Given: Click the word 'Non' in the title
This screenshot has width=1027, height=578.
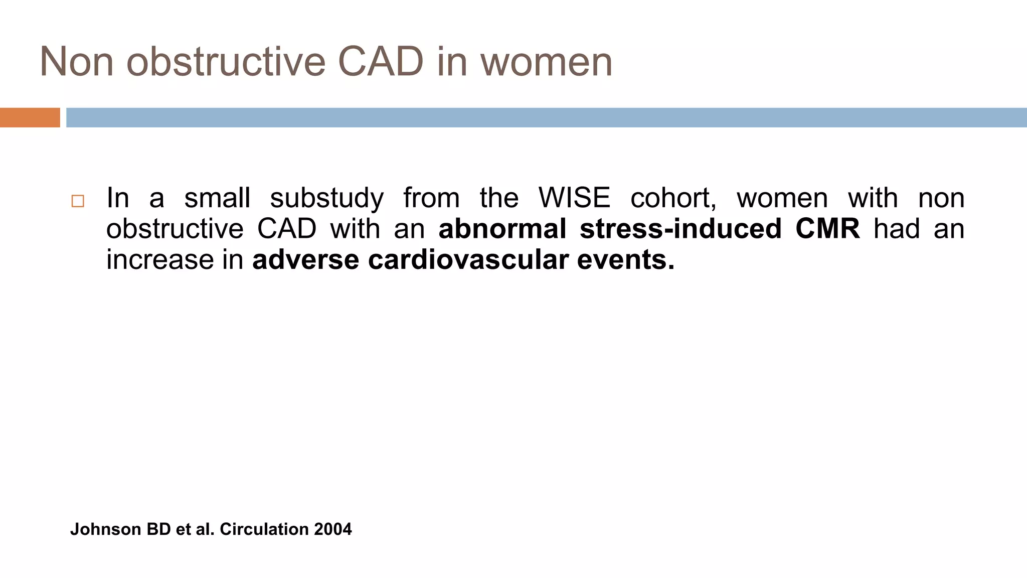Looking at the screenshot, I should pyautogui.click(x=76, y=62).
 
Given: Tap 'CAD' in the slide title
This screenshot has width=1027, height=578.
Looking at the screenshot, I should pyautogui.click(x=381, y=62).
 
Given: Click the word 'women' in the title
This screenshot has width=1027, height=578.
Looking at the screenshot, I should pyautogui.click(x=546, y=62).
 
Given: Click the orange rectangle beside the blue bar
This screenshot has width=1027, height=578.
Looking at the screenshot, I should pyautogui.click(x=30, y=117).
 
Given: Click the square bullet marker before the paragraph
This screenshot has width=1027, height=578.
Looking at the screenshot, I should pyautogui.click(x=78, y=201).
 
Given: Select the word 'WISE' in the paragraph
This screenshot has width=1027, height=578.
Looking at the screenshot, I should pyautogui.click(x=574, y=198).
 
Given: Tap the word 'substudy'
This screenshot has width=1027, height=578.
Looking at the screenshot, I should pyautogui.click(x=326, y=199).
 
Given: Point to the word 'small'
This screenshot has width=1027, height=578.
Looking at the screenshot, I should pyautogui.click(x=217, y=198).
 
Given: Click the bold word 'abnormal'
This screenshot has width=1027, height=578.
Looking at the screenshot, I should pyautogui.click(x=502, y=229).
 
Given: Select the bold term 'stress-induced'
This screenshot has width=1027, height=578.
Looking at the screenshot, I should pyautogui.click(x=680, y=229).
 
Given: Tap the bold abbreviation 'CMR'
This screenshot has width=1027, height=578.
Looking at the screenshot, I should pyautogui.click(x=827, y=229).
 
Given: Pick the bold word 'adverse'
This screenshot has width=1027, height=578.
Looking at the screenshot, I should pyautogui.click(x=305, y=260).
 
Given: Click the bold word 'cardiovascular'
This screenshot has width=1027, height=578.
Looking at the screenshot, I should pyautogui.click(x=468, y=260).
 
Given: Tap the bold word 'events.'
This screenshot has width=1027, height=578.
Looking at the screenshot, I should pyautogui.click(x=625, y=260).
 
